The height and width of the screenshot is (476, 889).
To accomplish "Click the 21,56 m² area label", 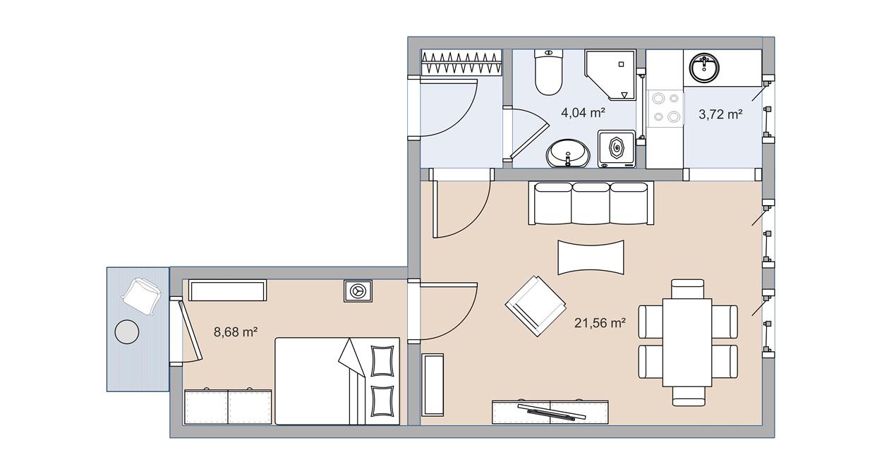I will point(600,323).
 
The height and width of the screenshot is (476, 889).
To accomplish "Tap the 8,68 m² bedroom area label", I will point(234,331).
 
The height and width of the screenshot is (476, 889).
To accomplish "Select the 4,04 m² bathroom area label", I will point(583,111).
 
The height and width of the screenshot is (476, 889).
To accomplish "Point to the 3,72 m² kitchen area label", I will point(720,114).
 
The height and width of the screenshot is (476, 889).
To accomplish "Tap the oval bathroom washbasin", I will point(568,152).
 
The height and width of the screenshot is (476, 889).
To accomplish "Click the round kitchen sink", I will point(704,68).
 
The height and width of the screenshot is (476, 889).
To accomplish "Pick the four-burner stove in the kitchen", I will point(666,109).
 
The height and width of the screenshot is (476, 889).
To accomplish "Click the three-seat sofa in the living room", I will point(591,203).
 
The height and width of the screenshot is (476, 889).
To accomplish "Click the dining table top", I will point(687,342).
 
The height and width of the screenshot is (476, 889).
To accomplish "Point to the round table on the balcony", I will point(127,331).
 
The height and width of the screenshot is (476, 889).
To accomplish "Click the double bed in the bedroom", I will point(337,381).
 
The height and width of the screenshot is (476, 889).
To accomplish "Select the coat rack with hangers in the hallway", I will point(461,63).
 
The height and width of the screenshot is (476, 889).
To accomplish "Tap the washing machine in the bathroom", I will point(617,149).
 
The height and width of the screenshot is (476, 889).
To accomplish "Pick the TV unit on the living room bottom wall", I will point(550,411).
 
